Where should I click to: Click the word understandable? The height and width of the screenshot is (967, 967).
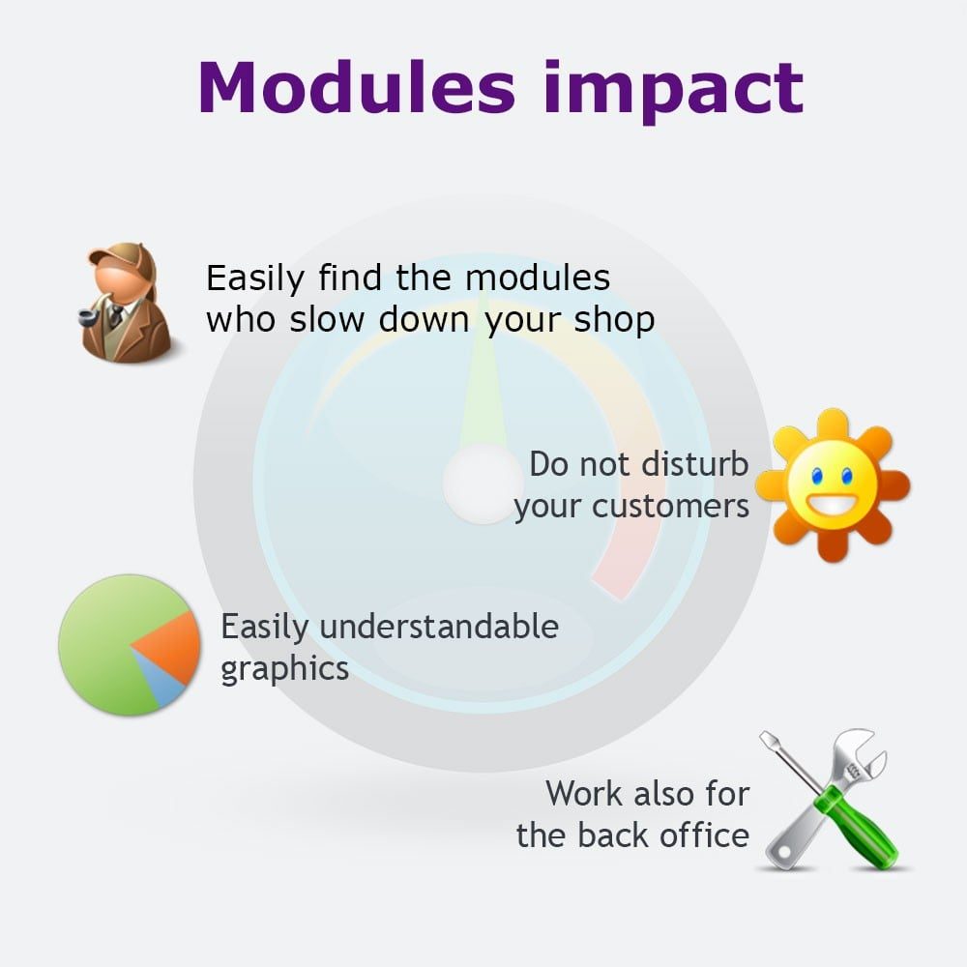(x=439, y=627)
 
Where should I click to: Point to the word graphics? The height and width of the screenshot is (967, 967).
(x=284, y=668)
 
